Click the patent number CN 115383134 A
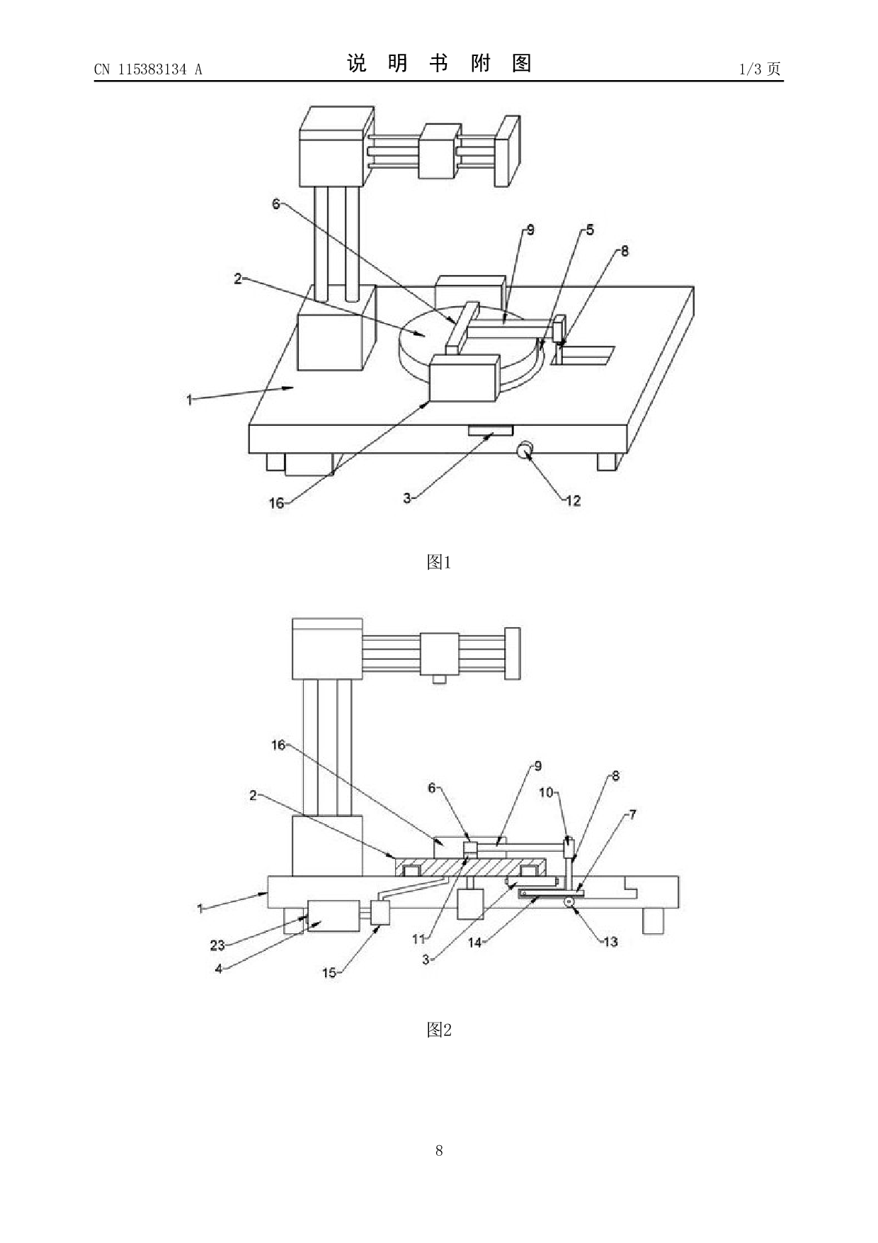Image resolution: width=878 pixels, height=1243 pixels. click(148, 69)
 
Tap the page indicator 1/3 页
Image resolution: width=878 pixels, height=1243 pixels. click(760, 69)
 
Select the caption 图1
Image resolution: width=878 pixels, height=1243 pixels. click(439, 563)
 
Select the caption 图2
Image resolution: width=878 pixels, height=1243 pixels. click(439, 1030)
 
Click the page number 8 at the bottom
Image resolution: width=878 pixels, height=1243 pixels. click(439, 1150)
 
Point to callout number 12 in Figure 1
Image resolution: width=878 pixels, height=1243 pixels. click(573, 501)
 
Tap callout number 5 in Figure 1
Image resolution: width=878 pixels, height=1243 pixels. click(589, 230)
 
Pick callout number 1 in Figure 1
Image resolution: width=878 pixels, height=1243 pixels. click(189, 400)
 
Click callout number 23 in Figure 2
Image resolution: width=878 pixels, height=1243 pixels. click(217, 945)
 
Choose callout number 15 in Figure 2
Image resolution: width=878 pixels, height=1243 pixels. click(329, 972)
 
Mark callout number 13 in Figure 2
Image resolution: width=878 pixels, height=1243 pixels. click(610, 942)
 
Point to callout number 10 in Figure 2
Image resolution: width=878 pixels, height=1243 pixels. click(546, 792)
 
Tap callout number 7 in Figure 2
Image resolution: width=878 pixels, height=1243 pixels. click(632, 815)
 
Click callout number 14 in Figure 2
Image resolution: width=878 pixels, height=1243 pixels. click(474, 943)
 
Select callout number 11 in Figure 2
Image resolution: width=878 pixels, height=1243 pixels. click(418, 939)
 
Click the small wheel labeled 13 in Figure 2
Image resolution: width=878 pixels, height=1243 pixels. click(568, 902)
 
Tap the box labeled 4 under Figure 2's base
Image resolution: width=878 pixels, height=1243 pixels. click(333, 916)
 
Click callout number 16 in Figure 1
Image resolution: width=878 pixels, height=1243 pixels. click(276, 503)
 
